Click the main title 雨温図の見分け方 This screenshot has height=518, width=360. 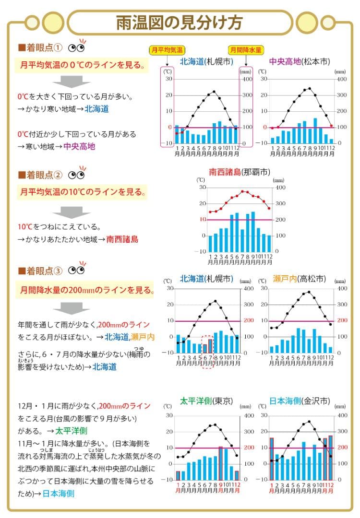tap(180, 23)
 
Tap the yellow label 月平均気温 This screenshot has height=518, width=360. tap(168, 49)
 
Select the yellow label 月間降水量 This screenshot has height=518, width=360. tap(245, 49)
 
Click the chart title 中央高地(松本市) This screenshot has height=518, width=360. tap(299, 62)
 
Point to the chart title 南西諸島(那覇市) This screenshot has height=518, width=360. tap(239, 172)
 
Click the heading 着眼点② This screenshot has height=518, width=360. tap(40, 175)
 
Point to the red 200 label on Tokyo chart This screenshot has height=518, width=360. tap(249, 447)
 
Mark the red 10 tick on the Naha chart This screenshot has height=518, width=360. tap(203, 220)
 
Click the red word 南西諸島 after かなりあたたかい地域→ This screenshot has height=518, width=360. tap(122, 239)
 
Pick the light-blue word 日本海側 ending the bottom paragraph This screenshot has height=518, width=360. tap(58, 493)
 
